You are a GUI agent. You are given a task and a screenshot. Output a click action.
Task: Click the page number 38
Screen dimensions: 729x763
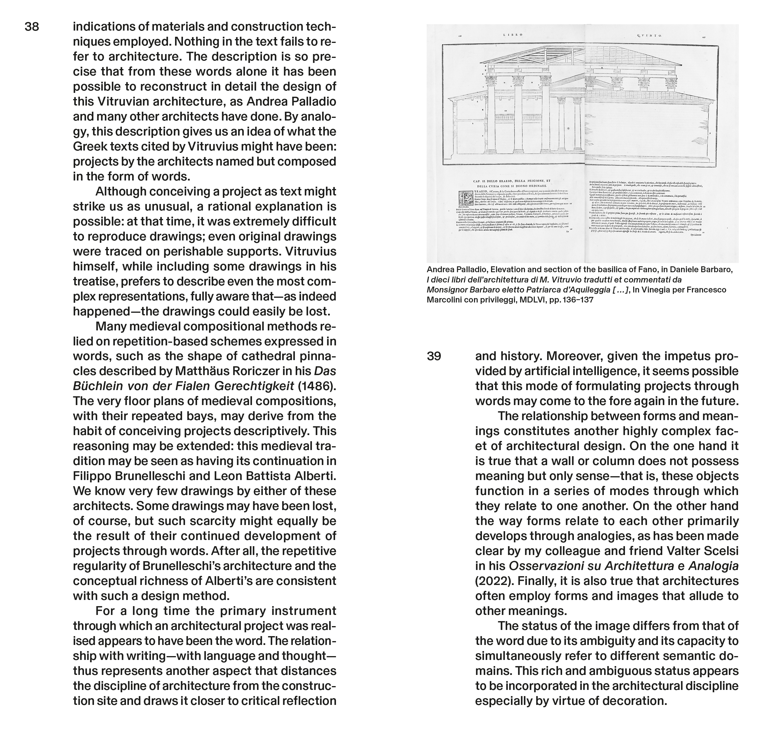(x=32, y=27)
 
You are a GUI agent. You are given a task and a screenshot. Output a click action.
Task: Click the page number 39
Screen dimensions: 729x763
(x=434, y=356)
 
